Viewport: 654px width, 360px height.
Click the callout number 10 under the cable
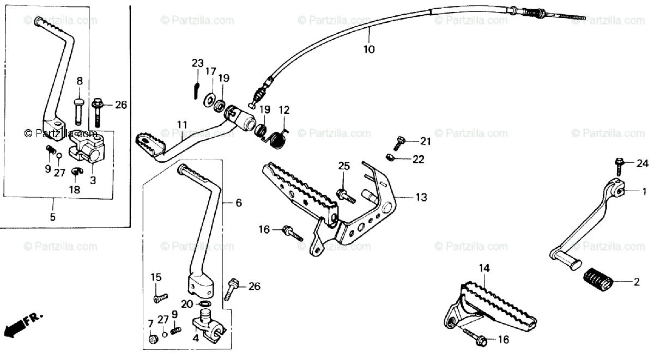pyautogui.click(x=369, y=49)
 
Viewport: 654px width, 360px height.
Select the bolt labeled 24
pyautogui.click(x=620, y=162)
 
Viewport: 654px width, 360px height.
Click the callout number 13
pyautogui.click(x=421, y=197)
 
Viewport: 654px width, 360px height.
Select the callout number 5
pyautogui.click(x=53, y=217)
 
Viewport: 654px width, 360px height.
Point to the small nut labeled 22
pyautogui.click(x=390, y=158)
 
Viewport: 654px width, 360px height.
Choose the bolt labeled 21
pyautogui.click(x=399, y=143)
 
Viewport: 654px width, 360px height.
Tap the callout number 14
pyautogui.click(x=485, y=268)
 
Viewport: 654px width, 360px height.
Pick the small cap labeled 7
pyautogui.click(x=153, y=340)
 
